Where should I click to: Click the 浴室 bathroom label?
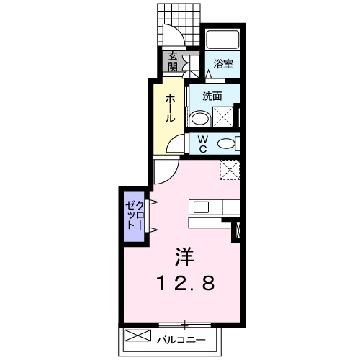coord(223,64)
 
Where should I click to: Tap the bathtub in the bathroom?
coord(223,40)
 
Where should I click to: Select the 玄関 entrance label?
coord(173,62)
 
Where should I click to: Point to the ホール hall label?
coord(170,108)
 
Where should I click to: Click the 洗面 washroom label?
coord(212,96)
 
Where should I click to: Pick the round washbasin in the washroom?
coord(200,118)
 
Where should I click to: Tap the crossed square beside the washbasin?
coord(223,117)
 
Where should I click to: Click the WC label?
coord(203,144)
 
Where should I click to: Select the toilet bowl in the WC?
coord(226,144)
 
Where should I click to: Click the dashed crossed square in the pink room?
coord(230,170)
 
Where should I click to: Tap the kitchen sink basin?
coord(201,207)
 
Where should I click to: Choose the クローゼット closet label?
coord(135,215)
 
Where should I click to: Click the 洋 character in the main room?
coord(184,257)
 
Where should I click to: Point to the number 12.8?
coord(185,283)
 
